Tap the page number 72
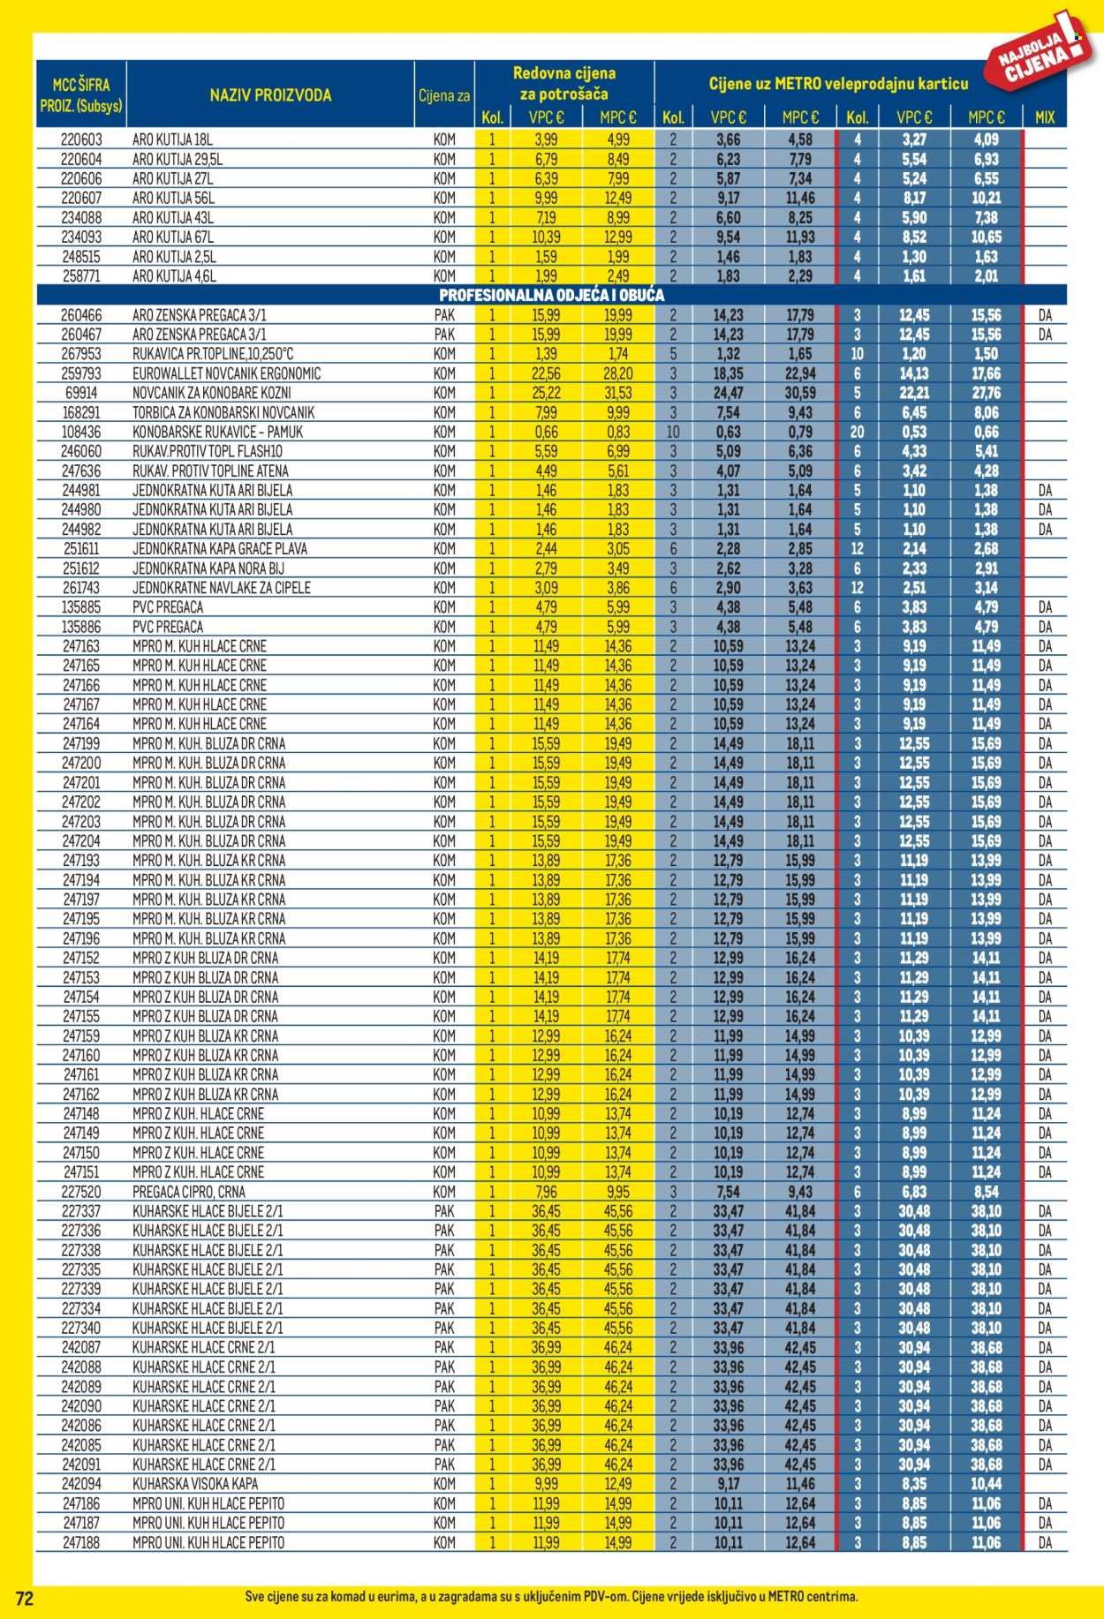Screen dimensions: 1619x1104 (x=25, y=1598)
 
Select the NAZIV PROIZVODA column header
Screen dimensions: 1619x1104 (x=270, y=95)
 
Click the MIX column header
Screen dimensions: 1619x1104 (x=1044, y=117)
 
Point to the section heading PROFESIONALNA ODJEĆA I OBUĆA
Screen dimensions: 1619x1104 (x=551, y=296)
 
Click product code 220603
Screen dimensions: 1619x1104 (x=81, y=139)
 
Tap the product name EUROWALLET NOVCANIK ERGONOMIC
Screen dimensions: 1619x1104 (x=226, y=373)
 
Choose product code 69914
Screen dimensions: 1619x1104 (x=81, y=393)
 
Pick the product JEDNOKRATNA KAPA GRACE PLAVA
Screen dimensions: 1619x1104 (x=220, y=549)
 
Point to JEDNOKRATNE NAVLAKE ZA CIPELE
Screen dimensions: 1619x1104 (x=222, y=588)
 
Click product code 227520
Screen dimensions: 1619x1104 (x=81, y=1192)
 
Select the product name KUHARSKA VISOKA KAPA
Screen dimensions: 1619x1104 (x=195, y=1484)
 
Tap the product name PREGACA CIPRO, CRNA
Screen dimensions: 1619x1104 (x=189, y=1192)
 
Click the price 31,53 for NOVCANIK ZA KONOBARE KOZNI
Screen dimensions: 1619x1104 (x=617, y=393)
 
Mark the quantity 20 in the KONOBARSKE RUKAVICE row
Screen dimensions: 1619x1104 (x=856, y=432)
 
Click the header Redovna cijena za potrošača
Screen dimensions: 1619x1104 (x=563, y=83)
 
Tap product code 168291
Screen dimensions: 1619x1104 (x=81, y=412)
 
